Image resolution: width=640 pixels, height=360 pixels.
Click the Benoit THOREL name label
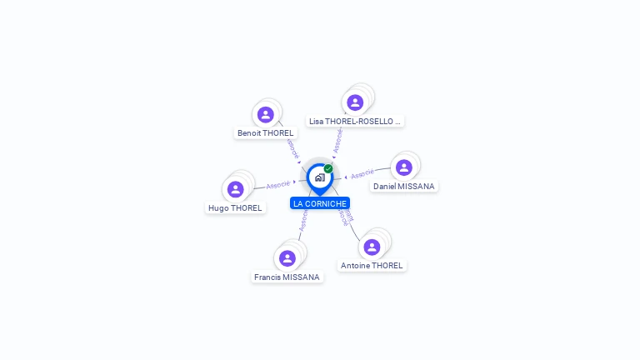click(x=266, y=132)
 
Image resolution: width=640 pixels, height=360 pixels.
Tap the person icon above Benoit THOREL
click(x=266, y=114)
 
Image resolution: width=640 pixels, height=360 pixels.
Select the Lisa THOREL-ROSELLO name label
click(x=355, y=121)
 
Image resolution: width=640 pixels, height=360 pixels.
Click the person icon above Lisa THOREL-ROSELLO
click(x=356, y=102)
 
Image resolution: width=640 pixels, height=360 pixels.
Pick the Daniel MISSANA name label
click(x=403, y=186)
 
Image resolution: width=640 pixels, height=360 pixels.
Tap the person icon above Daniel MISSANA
click(x=403, y=167)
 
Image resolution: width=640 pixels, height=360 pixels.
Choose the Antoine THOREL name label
click(x=372, y=265)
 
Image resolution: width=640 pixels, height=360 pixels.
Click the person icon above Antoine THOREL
click(x=372, y=247)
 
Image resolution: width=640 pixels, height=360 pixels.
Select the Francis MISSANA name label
click(x=287, y=277)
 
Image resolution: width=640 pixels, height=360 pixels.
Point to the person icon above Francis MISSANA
click(x=287, y=258)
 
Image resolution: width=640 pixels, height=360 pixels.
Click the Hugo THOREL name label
click(x=235, y=207)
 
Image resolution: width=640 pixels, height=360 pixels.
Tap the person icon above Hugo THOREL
click(x=236, y=189)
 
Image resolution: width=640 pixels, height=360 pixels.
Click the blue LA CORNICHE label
click(x=320, y=203)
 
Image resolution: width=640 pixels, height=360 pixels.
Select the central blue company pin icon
click(x=319, y=177)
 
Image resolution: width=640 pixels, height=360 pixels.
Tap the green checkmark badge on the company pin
click(x=328, y=168)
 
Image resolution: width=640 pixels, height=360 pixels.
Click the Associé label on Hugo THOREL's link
click(x=278, y=184)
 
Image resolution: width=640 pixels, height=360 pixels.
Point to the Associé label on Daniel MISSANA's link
click(x=362, y=175)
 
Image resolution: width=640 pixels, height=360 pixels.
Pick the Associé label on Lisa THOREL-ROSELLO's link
click(x=337, y=141)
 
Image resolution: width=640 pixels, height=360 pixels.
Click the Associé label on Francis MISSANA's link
click(x=303, y=219)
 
